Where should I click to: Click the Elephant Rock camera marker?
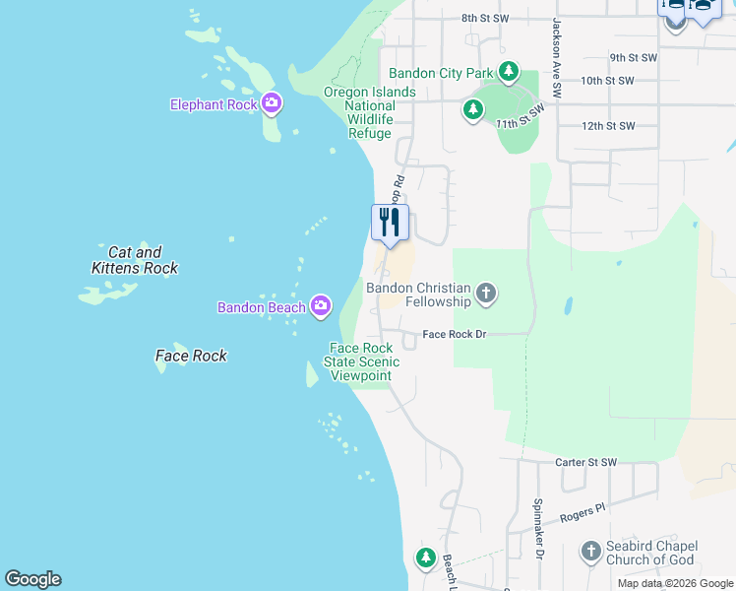tap(273, 102)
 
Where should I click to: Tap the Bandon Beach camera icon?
tap(320, 307)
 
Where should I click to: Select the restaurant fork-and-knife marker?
tap(390, 223)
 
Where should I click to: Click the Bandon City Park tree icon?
tap(508, 72)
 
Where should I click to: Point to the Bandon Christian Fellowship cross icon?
tap(486, 293)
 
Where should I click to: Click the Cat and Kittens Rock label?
tap(135, 260)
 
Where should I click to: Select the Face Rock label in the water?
tap(191, 356)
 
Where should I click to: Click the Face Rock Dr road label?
tap(455, 335)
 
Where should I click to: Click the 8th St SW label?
tap(485, 18)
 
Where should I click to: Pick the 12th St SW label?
tap(608, 126)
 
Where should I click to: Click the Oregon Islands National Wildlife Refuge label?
tap(370, 112)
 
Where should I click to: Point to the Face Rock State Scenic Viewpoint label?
tap(361, 361)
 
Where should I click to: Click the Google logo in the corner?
tap(32, 579)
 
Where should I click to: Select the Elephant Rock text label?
tap(214, 104)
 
